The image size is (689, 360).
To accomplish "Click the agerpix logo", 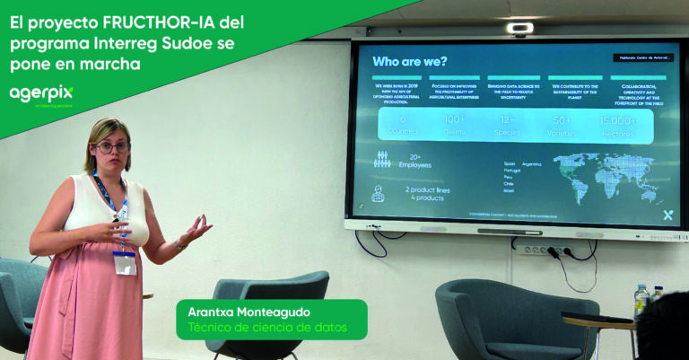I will [40, 93].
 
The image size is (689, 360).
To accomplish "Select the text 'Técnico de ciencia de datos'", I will [266, 329].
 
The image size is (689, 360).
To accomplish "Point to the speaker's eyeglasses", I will [111, 146].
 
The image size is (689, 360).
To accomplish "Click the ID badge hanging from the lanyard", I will [124, 262].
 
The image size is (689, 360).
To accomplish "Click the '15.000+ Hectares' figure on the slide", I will [617, 125].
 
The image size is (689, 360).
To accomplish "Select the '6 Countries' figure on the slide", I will [403, 125].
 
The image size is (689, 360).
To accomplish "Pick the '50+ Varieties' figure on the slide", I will [563, 125].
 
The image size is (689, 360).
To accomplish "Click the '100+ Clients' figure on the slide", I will [455, 125].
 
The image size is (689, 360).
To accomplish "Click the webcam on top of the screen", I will [520, 29].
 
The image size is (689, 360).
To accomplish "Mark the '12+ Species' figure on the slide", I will [509, 125].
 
